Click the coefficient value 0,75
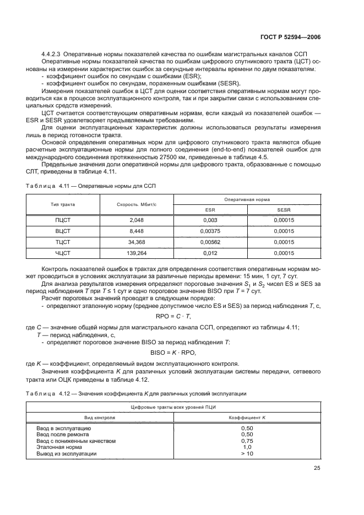point(247,441)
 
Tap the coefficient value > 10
point(247,453)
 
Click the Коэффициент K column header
point(247,418)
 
